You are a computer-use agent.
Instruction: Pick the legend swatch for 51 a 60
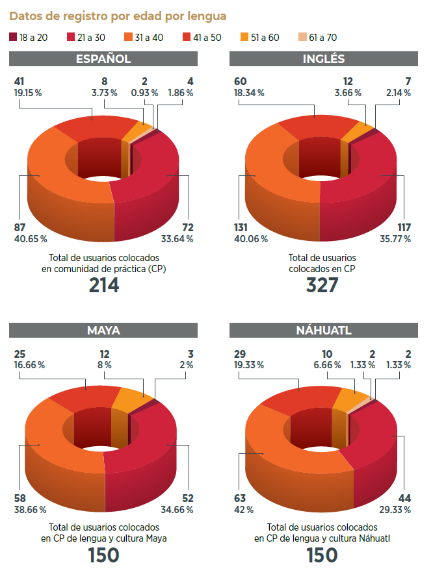click(244, 37)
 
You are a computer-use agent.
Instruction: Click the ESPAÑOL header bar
click(103, 59)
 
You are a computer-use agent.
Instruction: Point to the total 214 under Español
click(104, 285)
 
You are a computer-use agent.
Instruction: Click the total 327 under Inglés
click(323, 285)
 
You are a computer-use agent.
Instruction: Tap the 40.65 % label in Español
click(30, 239)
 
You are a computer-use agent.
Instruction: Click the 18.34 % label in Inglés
click(248, 93)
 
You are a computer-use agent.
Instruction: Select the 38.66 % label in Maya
click(30, 510)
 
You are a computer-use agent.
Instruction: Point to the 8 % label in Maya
click(105, 365)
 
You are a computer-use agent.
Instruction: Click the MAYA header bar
click(103, 330)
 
